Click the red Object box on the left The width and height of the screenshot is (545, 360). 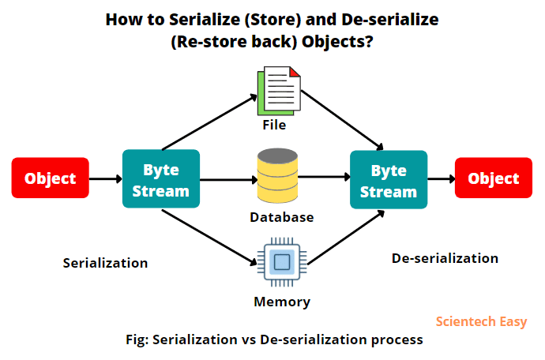coord(51,178)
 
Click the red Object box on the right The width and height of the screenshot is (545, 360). coord(494,178)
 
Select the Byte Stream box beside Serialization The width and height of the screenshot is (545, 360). coord(161,179)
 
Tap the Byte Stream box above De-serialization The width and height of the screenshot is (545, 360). coord(389,179)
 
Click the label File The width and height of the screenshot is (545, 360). coord(274,125)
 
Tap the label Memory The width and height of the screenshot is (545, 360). coord(282,302)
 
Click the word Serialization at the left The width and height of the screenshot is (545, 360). coord(105,263)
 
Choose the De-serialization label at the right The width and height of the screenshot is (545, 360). coord(445,258)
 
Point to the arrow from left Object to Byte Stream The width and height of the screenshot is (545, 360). coord(106,179)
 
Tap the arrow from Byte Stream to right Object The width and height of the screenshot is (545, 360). coord(442,179)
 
